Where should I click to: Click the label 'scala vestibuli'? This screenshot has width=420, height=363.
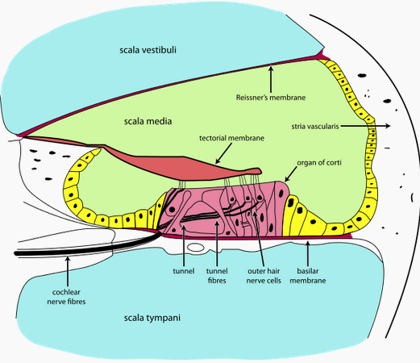tap(148, 50)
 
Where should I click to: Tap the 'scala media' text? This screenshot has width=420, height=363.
tap(148, 121)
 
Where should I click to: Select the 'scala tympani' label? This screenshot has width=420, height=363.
tap(152, 318)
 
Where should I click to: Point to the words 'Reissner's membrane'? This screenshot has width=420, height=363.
tap(271, 98)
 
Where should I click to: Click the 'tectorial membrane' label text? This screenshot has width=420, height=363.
tap(231, 138)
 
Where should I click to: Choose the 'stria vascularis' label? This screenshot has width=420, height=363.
tap(315, 127)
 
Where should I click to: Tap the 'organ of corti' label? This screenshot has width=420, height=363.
tap(319, 163)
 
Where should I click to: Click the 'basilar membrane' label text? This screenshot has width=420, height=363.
tap(308, 276)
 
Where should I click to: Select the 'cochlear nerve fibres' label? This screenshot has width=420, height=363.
tap(66, 297)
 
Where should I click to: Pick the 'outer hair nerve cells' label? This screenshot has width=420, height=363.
tap(264, 276)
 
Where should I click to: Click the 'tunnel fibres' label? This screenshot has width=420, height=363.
tap(217, 276)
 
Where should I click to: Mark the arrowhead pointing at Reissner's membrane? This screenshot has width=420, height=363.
tap(271, 69)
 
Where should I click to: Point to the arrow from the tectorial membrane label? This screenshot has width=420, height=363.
tap(223, 153)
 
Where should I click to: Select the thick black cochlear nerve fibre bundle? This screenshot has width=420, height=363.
tap(86, 248)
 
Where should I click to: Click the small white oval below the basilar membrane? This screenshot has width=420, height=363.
tap(196, 248)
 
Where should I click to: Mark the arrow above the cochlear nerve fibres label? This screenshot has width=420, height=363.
tap(68, 272)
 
